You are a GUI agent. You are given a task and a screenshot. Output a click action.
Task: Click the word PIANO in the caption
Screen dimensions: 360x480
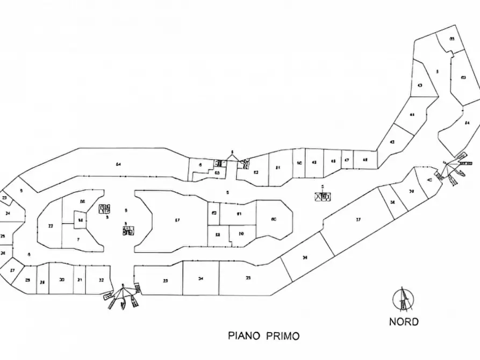click(x=244, y=336)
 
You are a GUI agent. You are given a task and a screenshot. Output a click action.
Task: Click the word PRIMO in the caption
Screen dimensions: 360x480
click(x=281, y=336)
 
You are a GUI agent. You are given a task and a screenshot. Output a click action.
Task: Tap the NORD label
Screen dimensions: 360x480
click(x=404, y=322)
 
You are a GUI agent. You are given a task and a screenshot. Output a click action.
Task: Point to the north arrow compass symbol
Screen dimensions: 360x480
click(x=403, y=299)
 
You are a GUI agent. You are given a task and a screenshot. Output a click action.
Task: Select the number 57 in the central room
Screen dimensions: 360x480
click(x=177, y=220)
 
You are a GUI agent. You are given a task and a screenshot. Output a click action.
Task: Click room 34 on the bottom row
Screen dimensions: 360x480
click(x=200, y=278)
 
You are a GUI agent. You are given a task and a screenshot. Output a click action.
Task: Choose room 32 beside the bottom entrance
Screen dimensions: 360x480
click(x=101, y=280)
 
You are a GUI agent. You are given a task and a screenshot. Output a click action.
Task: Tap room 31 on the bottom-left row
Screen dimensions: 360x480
click(x=79, y=280)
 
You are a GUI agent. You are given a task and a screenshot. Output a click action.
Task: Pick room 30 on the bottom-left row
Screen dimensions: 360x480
click(x=62, y=280)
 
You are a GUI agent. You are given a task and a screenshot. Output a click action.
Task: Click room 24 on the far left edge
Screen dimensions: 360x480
click(x=8, y=213)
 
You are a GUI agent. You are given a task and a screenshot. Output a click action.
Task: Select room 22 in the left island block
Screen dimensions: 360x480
click(x=50, y=226)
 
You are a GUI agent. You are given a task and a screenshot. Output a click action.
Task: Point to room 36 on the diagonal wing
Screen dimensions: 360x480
click(x=305, y=258)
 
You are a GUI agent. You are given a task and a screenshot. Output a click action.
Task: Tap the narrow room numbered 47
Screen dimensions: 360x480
click(x=347, y=161)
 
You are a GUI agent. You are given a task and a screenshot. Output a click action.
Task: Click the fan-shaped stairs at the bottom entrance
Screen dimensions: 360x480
click(x=123, y=297)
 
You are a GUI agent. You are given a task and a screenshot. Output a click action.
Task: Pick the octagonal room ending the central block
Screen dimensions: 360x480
click(x=274, y=219)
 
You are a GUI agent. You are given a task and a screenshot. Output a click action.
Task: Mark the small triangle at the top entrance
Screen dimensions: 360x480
click(x=232, y=156)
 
